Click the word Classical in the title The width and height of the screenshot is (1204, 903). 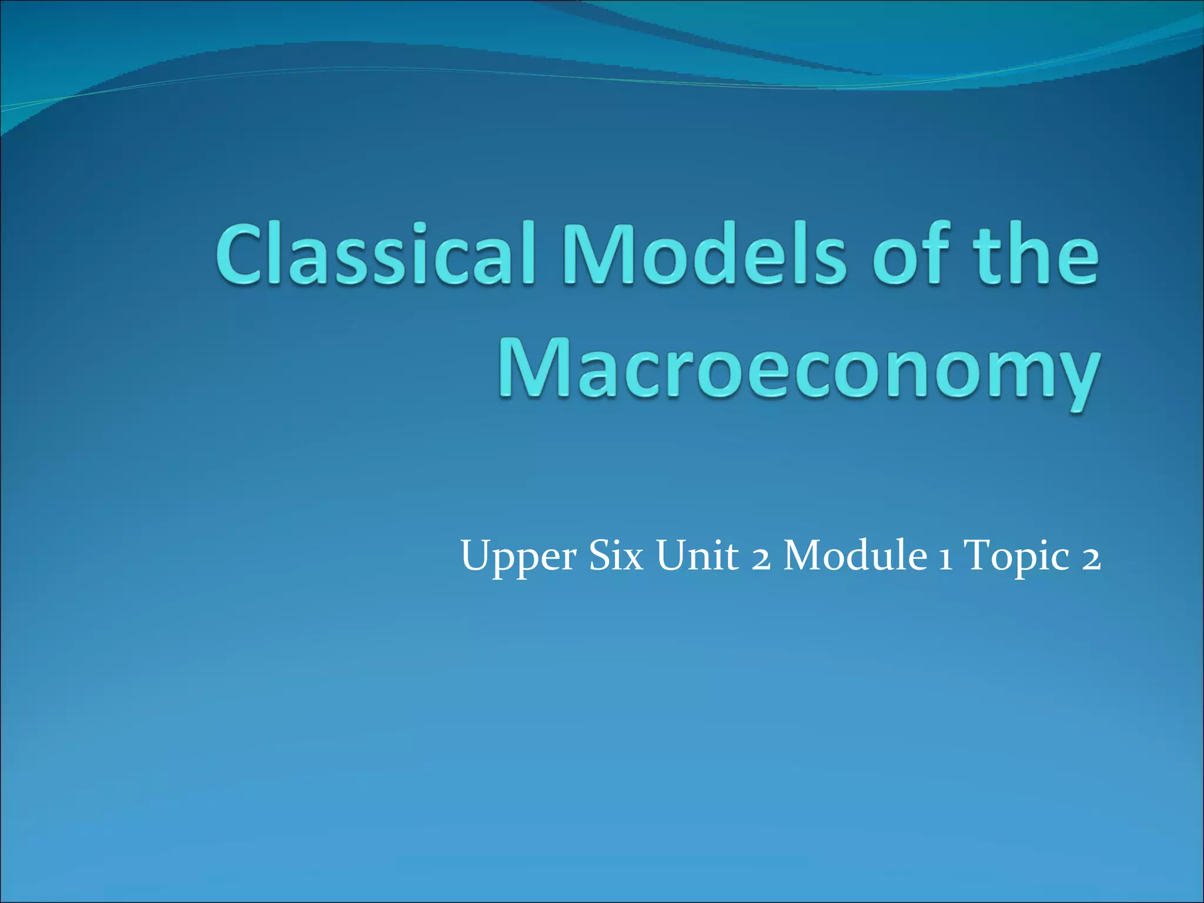click(x=376, y=255)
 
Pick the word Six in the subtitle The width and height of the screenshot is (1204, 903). click(x=616, y=556)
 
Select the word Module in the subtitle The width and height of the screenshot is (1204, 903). click(x=855, y=556)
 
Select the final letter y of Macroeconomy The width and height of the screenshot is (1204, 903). click(x=1070, y=379)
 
